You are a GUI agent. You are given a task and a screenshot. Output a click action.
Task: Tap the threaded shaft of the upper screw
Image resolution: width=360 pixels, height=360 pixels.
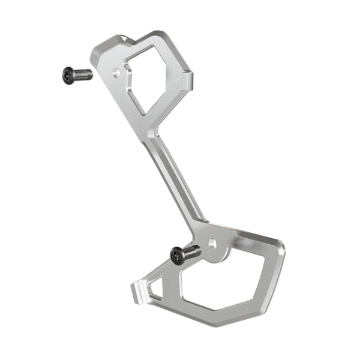(84, 74)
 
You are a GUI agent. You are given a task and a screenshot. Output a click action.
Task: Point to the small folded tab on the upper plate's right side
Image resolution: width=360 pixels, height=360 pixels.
(188, 80)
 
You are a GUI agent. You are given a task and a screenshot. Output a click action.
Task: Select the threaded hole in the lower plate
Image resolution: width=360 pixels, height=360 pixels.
(212, 243)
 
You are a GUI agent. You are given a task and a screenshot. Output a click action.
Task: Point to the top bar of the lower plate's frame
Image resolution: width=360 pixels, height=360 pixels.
(252, 235)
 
